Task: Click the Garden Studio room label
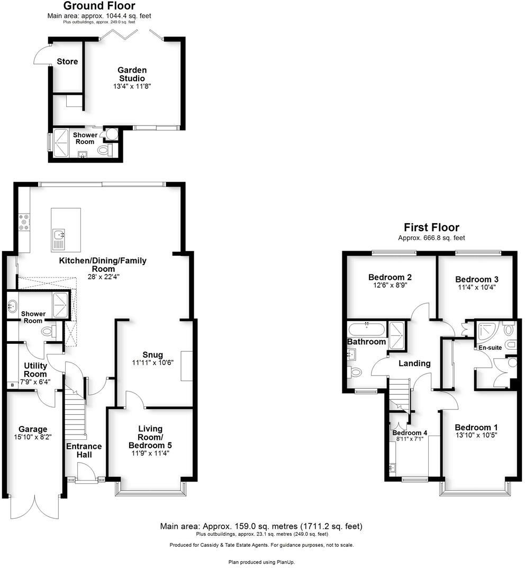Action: coord(132,74)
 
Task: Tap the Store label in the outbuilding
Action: coord(67,61)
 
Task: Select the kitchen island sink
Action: coord(58,234)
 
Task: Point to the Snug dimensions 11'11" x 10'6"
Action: coord(152,363)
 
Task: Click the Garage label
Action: coord(33,429)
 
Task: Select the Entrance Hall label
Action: coord(84,450)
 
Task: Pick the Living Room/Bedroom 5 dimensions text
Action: coord(150,454)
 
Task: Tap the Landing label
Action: coord(414,363)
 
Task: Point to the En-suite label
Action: coord(490,348)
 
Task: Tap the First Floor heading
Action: coord(431,228)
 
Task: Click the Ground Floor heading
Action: coord(99,6)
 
